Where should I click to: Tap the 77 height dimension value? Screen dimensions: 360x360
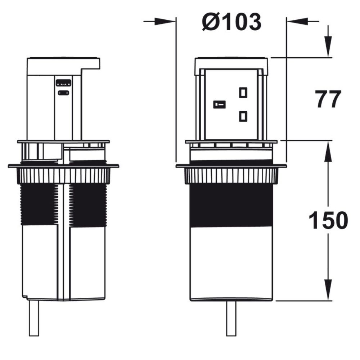tap(328, 99)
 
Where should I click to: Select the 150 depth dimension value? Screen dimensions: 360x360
tap(328, 220)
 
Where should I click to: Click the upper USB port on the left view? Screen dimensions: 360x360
tap(63, 83)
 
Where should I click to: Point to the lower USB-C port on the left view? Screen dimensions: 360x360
tap(63, 93)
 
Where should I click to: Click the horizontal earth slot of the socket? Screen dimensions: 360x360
tap(219, 104)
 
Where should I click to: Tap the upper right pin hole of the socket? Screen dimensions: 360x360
tap(243, 92)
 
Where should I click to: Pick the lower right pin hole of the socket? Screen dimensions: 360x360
tap(243, 116)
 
